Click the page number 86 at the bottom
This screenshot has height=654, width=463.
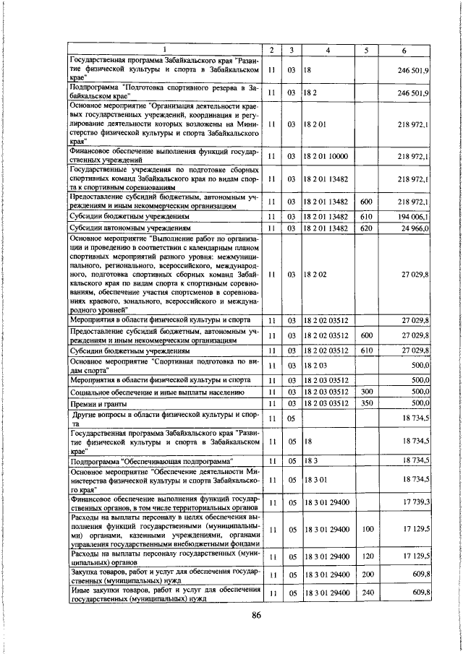coord(255,615)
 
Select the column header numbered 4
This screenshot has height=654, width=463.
coord(328,49)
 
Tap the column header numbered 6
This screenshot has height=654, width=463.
coord(404,49)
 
